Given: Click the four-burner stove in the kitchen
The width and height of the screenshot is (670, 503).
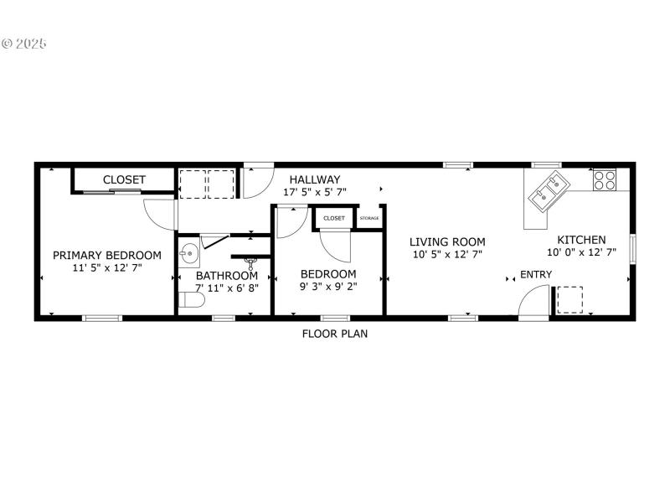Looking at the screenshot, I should (x=605, y=179).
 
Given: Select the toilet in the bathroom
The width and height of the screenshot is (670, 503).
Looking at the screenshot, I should (x=191, y=300).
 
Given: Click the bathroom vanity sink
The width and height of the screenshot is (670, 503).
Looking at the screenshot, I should (x=188, y=250).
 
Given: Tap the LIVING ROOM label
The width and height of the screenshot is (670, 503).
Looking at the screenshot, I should (x=447, y=241).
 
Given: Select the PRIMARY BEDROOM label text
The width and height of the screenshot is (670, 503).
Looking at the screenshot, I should (x=107, y=256).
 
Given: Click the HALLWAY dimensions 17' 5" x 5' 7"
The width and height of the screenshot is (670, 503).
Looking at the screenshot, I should (x=314, y=192).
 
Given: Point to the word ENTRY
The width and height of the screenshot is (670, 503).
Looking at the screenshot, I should (x=536, y=274).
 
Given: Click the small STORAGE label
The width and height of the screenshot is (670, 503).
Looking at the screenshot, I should (x=369, y=218).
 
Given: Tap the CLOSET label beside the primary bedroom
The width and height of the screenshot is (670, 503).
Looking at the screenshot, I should (x=124, y=179).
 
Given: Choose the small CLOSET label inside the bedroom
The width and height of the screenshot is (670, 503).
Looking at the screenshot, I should (x=334, y=218).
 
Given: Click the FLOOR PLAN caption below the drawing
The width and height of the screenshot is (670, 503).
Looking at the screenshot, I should (x=335, y=333).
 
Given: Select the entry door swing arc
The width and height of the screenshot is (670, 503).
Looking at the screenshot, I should (x=532, y=302).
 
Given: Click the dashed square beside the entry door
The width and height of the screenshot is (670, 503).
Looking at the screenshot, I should (x=570, y=299).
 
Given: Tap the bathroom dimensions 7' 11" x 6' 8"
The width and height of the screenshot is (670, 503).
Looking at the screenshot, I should (x=227, y=288).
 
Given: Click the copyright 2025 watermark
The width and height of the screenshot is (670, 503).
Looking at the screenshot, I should (x=24, y=42).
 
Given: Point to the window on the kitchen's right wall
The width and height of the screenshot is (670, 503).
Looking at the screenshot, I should (x=633, y=249).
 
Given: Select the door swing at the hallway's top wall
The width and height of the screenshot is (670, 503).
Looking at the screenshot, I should (x=257, y=181).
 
